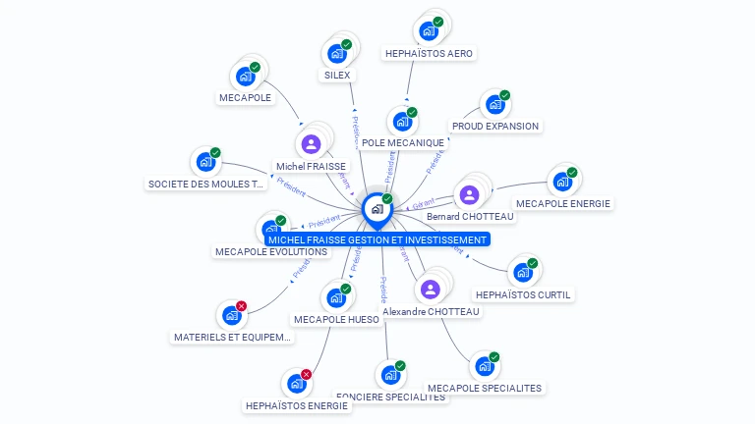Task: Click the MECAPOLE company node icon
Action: click(245, 77)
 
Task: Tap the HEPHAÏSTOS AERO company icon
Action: click(428, 31)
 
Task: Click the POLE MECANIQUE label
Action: click(403, 143)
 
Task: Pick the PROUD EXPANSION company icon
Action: click(494, 104)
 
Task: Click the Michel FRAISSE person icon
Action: click(312, 144)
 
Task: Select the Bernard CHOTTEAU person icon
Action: click(469, 194)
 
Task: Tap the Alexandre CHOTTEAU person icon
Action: click(430, 290)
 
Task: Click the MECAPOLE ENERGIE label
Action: click(563, 204)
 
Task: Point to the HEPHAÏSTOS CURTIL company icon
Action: click(522, 272)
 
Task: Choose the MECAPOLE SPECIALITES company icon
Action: click(484, 366)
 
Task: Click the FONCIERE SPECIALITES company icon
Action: click(389, 375)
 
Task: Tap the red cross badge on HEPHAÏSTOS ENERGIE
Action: click(306, 374)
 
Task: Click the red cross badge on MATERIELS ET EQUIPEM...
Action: click(242, 306)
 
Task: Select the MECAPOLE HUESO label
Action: click(336, 319)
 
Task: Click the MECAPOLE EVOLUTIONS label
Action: click(270, 252)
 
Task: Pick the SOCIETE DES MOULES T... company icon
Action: click(205, 162)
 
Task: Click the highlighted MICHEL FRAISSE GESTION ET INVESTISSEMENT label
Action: click(377, 239)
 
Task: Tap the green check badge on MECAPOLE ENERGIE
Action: click(572, 173)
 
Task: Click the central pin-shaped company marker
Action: click(377, 209)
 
